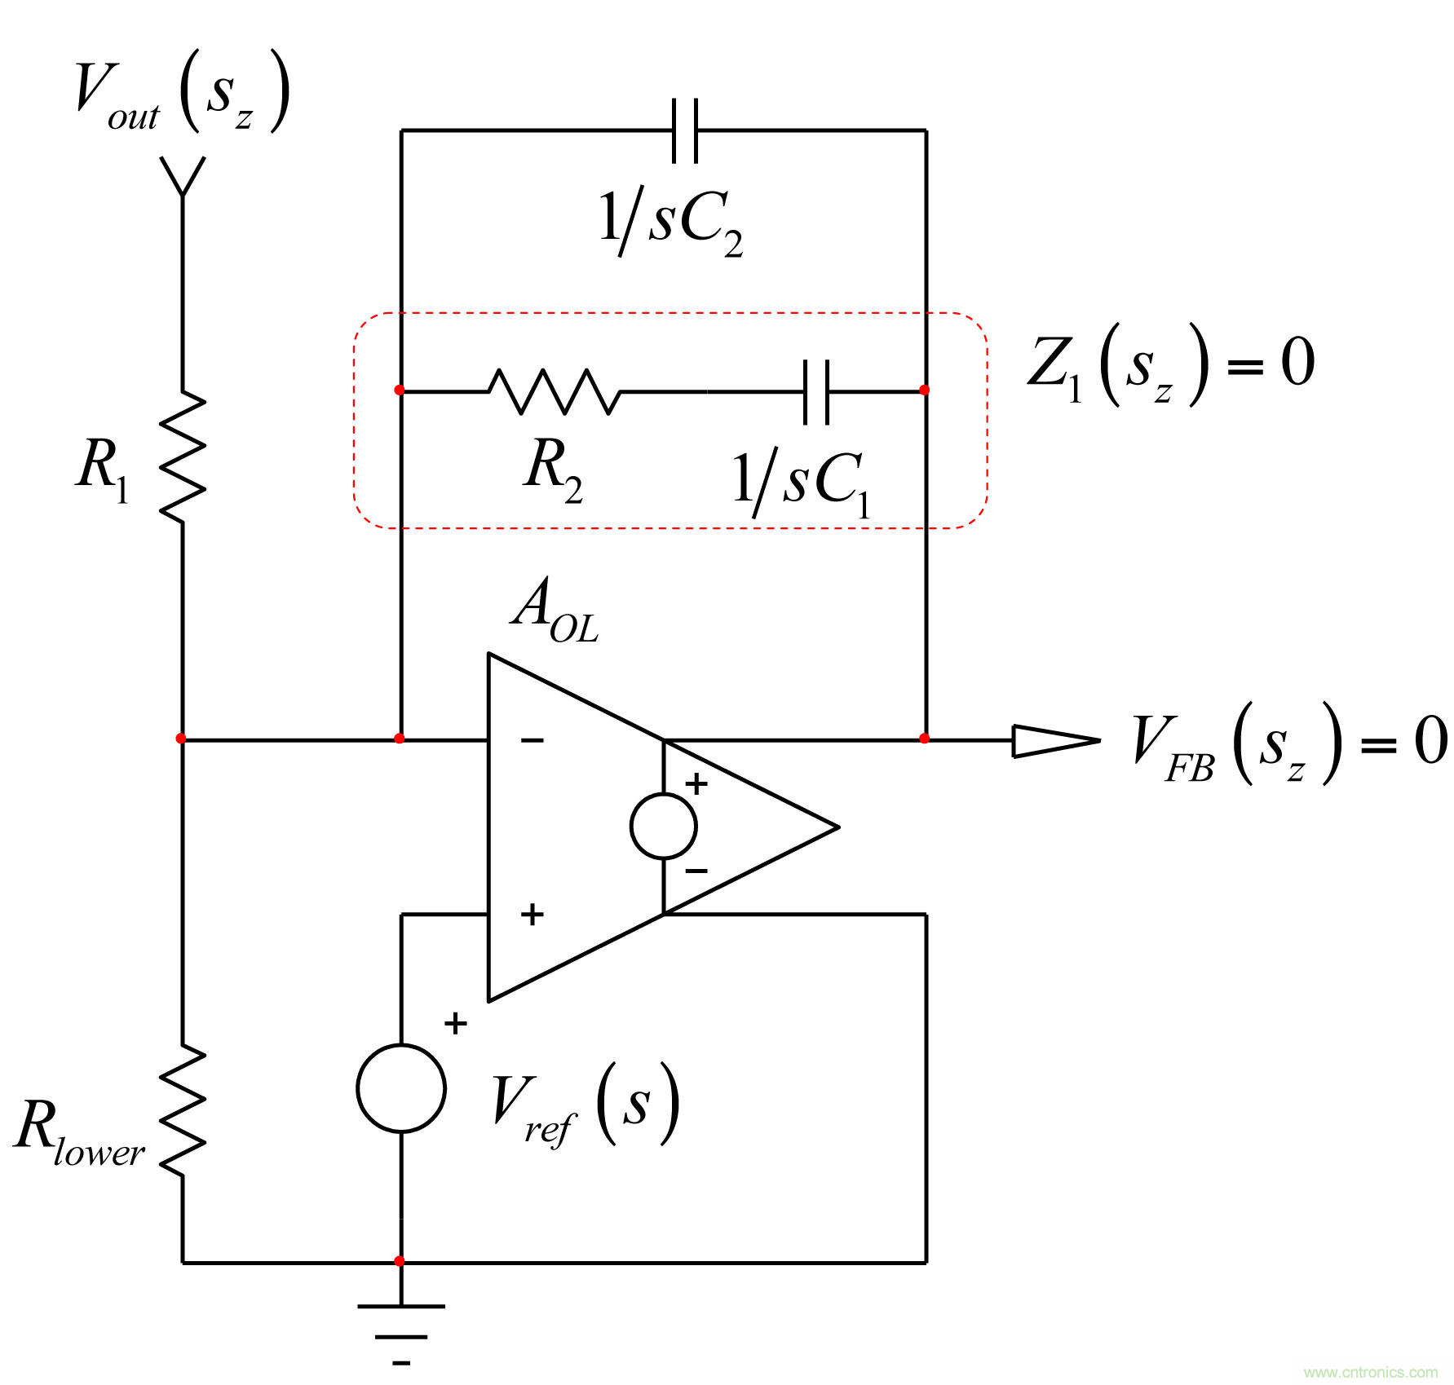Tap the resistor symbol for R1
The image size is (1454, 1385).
(183, 457)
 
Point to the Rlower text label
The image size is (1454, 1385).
(79, 1131)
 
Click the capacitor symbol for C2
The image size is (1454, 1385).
(685, 130)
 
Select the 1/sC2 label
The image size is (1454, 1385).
(670, 222)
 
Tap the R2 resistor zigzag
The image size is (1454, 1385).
(555, 392)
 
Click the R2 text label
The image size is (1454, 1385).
(553, 468)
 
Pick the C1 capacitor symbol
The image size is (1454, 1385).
(816, 392)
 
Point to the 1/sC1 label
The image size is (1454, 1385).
(802, 483)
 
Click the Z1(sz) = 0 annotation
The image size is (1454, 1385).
(1171, 364)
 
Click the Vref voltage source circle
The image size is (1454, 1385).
(401, 1087)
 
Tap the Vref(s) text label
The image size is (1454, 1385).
(586, 1105)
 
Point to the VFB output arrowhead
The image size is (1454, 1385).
(1056, 740)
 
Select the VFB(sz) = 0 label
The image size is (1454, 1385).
(1288, 743)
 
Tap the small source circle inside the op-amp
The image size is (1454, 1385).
(664, 826)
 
